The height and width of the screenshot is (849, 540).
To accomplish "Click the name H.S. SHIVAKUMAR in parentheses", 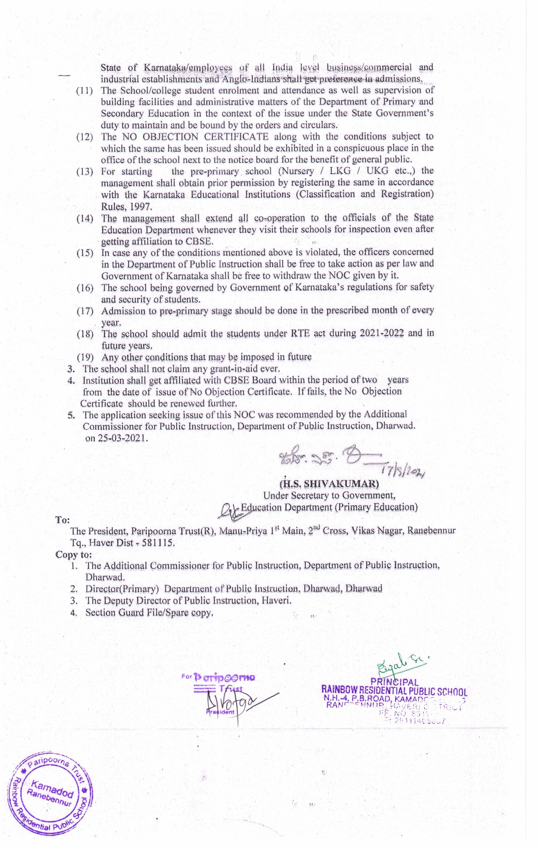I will [329, 484].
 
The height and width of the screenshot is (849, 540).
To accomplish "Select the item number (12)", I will [85, 137].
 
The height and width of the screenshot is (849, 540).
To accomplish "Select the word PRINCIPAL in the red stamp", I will [395, 682].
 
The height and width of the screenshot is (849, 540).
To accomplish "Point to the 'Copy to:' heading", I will [74, 554].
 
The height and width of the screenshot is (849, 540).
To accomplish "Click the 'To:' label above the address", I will [63, 520].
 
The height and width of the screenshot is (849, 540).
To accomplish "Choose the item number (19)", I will [85, 357].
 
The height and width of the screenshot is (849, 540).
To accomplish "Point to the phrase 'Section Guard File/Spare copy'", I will [149, 613].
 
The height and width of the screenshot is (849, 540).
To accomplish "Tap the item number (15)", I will [85, 253].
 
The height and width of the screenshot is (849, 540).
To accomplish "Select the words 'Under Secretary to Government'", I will [329, 495].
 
